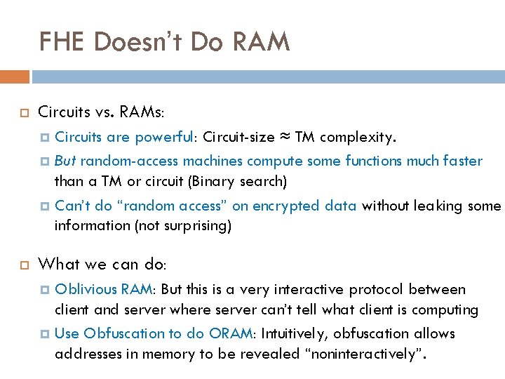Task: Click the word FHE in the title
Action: coord(65,42)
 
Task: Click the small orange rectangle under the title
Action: coord(15,77)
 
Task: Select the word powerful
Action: coord(163,137)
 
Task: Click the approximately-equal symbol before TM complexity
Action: coord(282,137)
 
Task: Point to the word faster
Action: coord(462,161)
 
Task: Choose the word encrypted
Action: coord(292,206)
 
